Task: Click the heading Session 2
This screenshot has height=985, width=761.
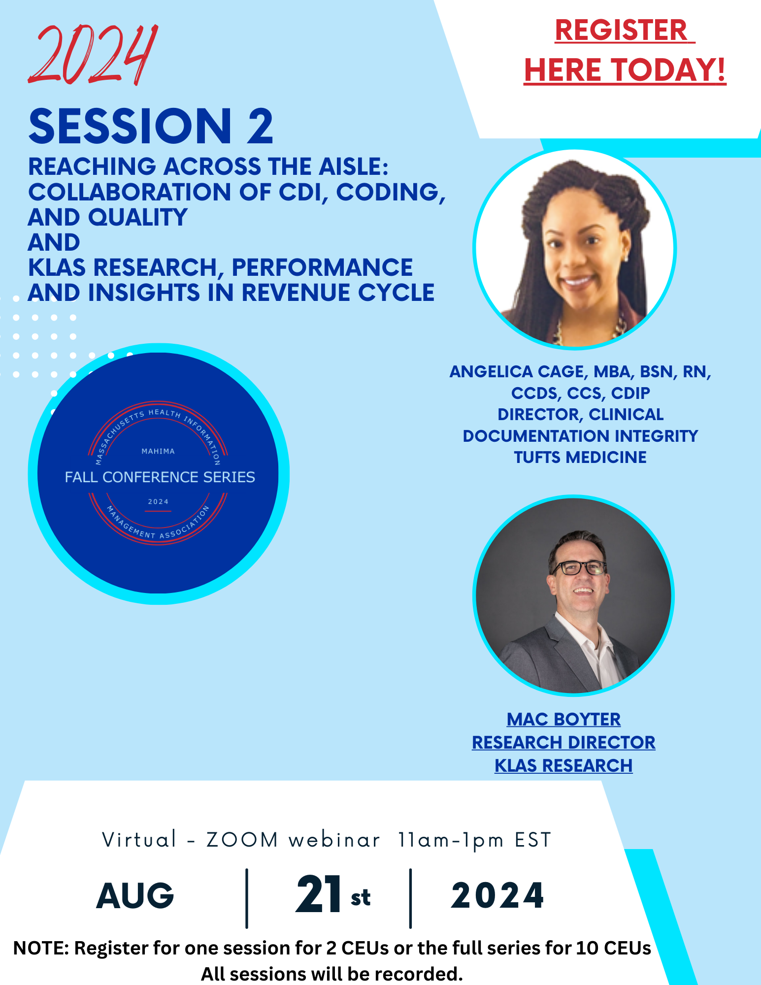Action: click(151, 126)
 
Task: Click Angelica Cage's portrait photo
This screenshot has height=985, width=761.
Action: click(574, 249)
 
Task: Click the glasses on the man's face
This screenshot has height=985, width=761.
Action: click(579, 568)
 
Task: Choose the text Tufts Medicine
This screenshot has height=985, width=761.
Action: click(580, 458)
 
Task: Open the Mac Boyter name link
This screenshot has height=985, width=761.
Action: click(563, 720)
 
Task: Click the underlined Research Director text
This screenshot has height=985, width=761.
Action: click(563, 743)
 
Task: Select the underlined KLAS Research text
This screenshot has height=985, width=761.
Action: click(563, 766)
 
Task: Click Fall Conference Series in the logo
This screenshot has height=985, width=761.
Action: click(160, 477)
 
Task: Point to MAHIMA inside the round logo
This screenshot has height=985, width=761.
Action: click(158, 451)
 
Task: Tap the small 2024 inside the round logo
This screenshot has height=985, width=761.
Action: click(158, 502)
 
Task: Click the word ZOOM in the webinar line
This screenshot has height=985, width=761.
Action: click(242, 840)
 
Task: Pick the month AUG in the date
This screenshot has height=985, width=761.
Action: click(135, 896)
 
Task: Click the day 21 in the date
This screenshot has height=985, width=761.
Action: click(319, 894)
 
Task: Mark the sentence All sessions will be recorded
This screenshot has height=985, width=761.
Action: click(332, 974)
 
